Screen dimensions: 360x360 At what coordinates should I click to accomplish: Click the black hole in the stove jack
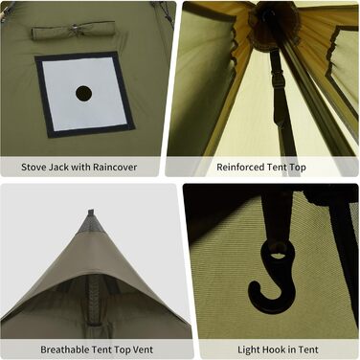(83, 94)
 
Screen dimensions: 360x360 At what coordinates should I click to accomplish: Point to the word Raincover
(112, 168)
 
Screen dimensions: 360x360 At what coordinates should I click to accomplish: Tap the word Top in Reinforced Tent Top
(298, 168)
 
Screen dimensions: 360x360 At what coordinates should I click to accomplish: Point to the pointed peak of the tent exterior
(90, 214)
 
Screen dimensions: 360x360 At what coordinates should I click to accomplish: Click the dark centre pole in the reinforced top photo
(280, 86)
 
